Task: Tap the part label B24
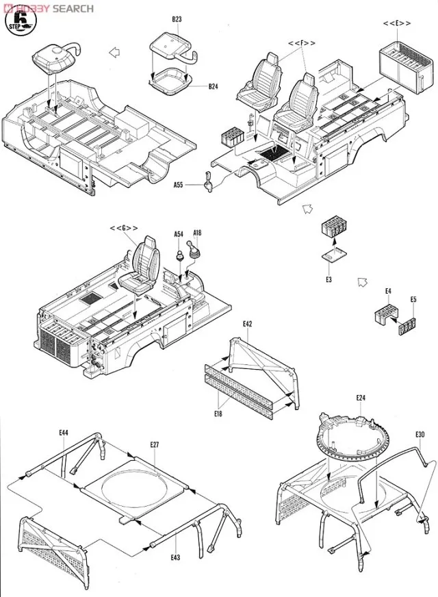tap(214, 87)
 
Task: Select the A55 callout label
tap(178, 185)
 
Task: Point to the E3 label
tap(328, 279)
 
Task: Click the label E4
tap(388, 291)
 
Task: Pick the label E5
tap(413, 299)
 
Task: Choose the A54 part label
tap(179, 234)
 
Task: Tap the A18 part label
tap(197, 234)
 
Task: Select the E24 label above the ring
tap(361, 398)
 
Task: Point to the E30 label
tap(420, 434)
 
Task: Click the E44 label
tap(64, 433)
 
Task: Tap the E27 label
tap(155, 446)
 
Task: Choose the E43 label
tap(175, 557)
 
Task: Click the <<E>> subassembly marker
tap(397, 23)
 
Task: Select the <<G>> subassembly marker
tap(124, 228)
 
